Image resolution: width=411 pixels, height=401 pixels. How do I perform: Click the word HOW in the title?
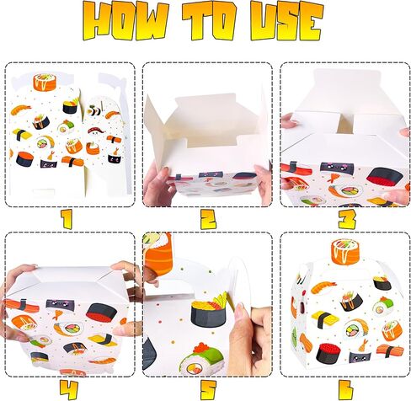coord(126,21)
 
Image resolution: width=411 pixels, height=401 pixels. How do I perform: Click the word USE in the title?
coord(287,21)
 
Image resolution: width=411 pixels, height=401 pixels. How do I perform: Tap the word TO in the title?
coord(210,21)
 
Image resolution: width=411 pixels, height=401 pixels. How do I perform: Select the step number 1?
coord(67,219)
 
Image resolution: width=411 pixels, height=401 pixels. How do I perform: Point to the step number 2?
coord(208,219)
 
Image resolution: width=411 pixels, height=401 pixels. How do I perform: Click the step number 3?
coord(347,219)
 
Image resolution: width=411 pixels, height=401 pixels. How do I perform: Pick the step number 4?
coord(68,390)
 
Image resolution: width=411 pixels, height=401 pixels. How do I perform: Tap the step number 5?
coord(208,390)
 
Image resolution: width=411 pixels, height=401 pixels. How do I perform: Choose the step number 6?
coord(346,390)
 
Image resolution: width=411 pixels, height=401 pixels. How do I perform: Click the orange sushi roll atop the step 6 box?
coord(345,252)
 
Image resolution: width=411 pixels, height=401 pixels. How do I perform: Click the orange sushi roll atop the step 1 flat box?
coord(45,82)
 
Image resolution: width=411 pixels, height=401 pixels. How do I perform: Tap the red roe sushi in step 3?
coord(386,177)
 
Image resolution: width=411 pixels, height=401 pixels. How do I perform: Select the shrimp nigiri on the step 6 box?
coord(323,287)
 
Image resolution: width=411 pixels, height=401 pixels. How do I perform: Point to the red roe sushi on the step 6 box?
coord(328,353)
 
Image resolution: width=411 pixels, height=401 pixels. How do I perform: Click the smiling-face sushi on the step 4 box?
coord(58,304)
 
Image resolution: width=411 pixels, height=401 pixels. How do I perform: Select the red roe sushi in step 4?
coord(101,313)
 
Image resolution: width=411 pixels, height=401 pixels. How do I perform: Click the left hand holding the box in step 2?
coord(157,184)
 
